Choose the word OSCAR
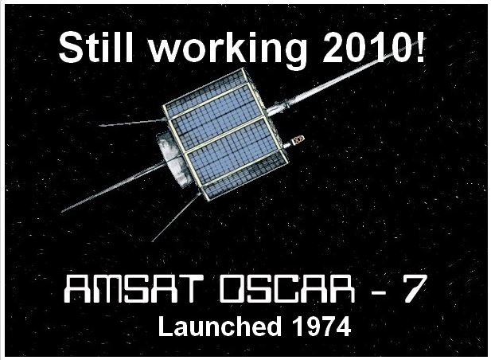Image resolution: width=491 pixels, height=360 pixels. pos(287,289)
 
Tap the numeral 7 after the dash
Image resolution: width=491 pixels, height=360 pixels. pos(414,289)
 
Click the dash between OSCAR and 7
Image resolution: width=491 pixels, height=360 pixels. pos(378,292)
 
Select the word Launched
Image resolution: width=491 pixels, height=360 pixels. pos(220,326)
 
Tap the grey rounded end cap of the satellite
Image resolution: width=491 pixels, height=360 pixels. pos(170,158)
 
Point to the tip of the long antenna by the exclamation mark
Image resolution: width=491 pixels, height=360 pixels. pos(426,38)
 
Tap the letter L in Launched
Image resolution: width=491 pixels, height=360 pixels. pos(166,326)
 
